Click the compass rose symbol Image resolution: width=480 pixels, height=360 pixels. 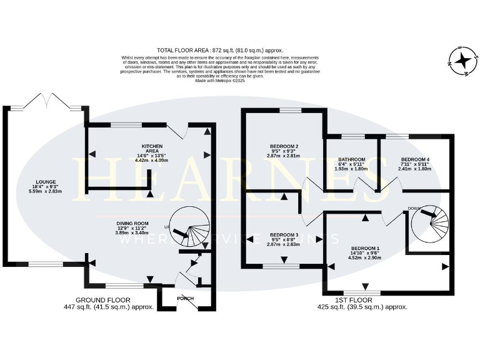coord(463,61)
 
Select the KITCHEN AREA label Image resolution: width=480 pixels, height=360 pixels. coord(152,148)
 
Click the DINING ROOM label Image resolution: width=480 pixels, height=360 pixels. coord(132,222)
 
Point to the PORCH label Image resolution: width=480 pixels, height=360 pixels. coord(185,298)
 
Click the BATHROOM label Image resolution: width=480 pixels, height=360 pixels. coord(352,159)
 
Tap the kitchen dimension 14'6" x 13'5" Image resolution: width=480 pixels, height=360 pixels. coord(152,156)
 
